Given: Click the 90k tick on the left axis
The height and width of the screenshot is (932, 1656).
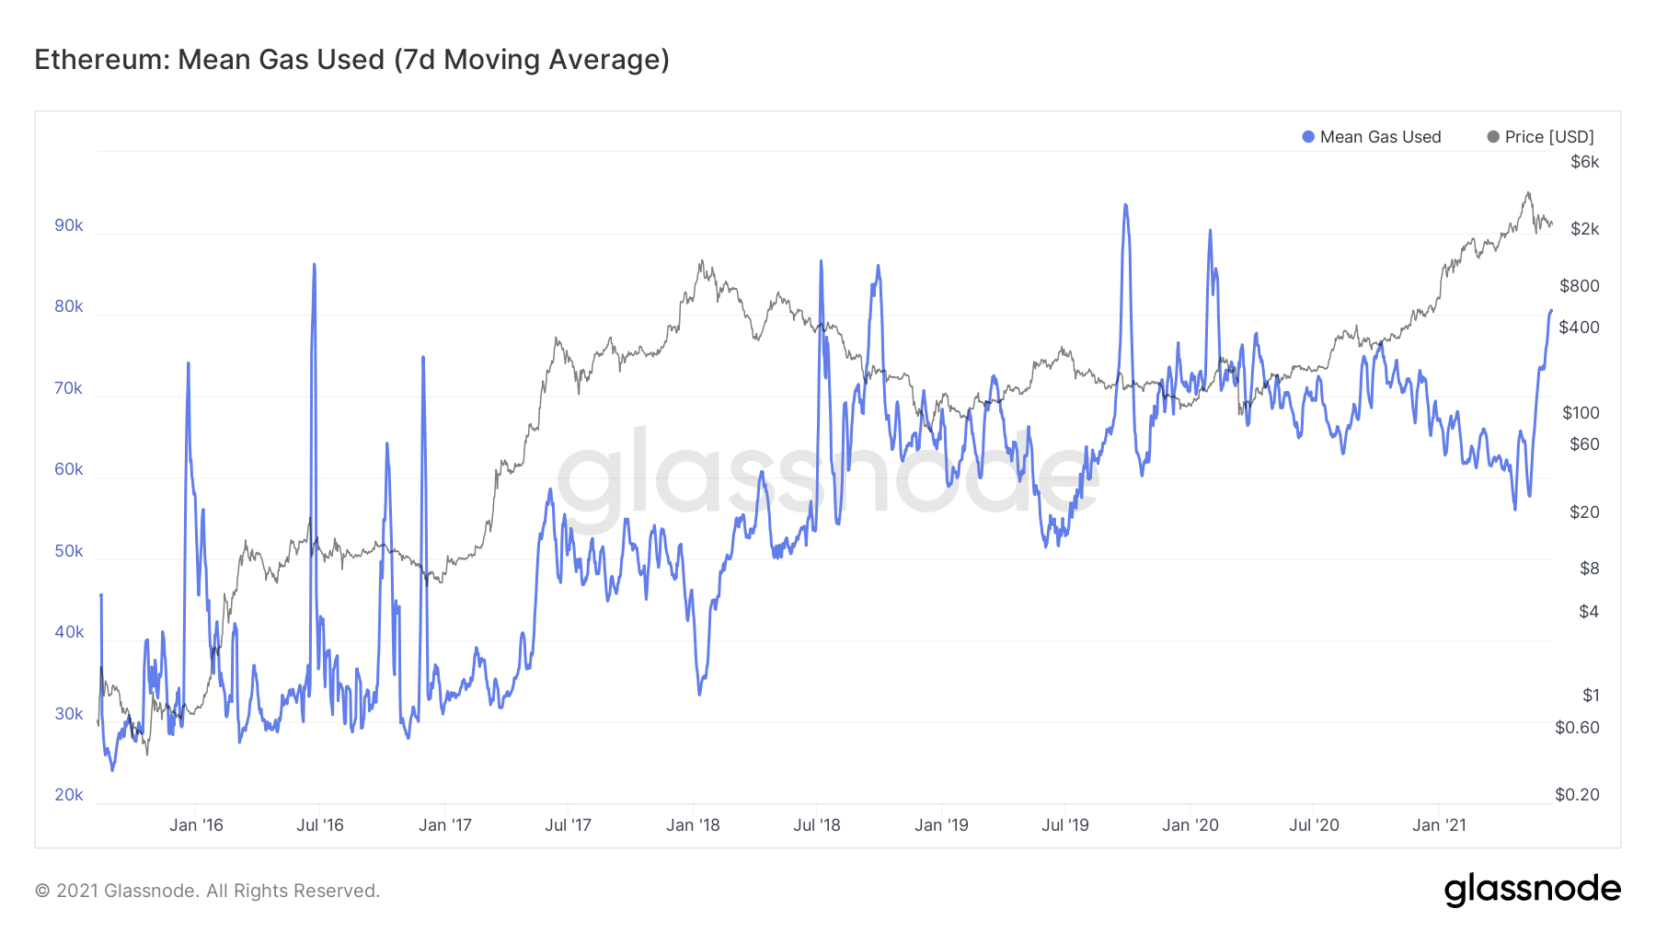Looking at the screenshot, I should click(x=69, y=225).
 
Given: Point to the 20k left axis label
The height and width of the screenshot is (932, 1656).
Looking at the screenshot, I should click(x=69, y=795).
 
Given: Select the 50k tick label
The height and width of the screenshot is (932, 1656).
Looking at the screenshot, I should click(x=69, y=551).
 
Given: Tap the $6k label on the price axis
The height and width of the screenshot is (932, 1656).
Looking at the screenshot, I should click(x=1584, y=162).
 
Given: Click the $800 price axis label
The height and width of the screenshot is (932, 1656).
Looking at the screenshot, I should click(x=1579, y=286).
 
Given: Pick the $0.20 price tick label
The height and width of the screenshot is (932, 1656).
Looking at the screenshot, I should click(x=1577, y=795).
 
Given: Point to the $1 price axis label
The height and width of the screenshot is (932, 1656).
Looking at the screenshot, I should click(x=1590, y=696).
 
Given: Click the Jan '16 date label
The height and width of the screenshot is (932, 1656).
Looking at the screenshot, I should click(x=196, y=825).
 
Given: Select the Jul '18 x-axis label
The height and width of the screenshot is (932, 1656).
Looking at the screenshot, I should click(x=817, y=825).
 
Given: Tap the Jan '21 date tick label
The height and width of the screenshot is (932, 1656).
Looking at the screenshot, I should click(x=1439, y=825).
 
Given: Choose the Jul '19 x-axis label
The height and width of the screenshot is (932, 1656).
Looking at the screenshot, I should click(x=1065, y=825).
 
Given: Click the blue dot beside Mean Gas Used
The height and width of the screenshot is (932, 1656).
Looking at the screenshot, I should click(x=1308, y=137).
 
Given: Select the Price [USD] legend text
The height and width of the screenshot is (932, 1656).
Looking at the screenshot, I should click(x=1549, y=137).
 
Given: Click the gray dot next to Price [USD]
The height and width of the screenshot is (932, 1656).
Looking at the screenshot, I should click(x=1493, y=137).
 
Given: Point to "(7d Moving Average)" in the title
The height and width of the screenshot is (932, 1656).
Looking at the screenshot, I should click(x=532, y=60).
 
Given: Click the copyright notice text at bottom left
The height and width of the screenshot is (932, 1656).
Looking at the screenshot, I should click(x=207, y=891).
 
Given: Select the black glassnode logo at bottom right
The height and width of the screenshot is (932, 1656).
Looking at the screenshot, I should click(x=1532, y=890).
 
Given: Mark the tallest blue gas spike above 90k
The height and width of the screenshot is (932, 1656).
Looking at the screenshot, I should click(x=1125, y=206).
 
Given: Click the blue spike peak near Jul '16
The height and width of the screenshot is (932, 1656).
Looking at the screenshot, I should click(x=315, y=266).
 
